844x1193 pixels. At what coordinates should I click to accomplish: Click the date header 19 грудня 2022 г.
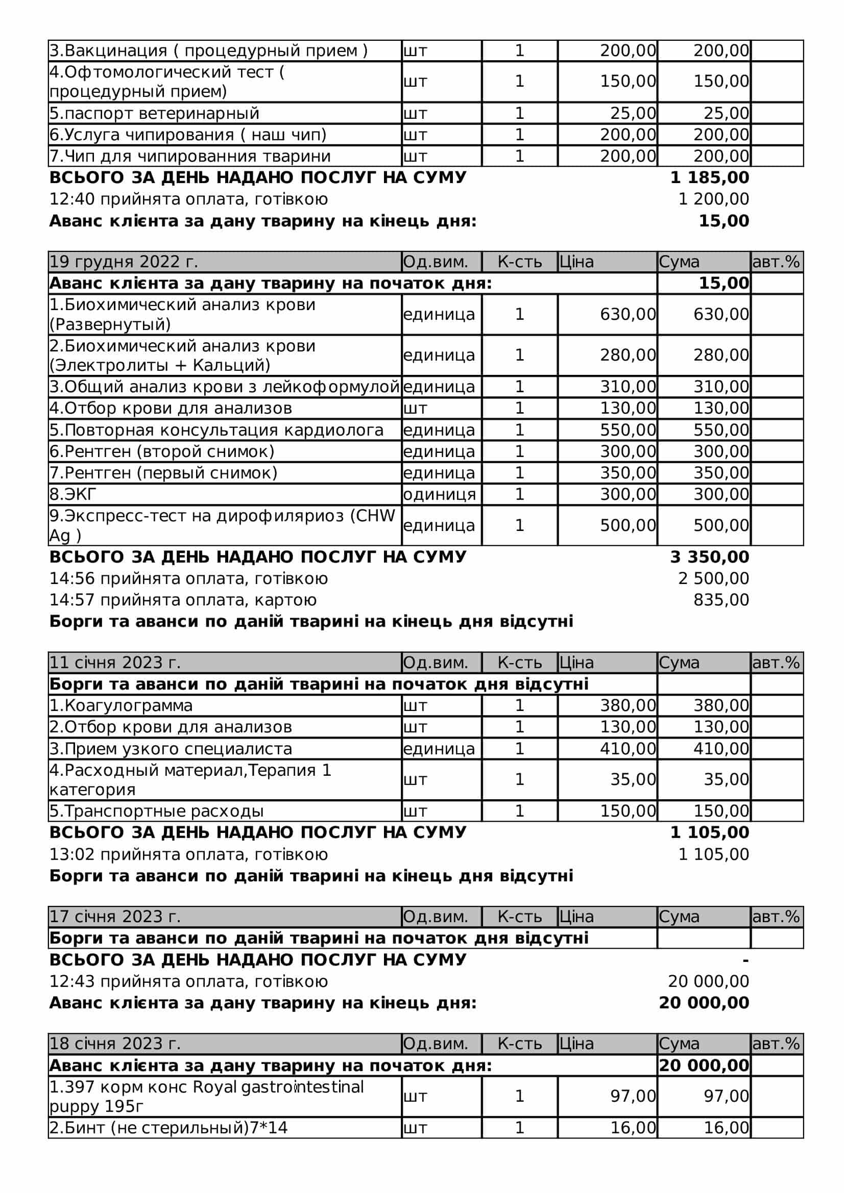click(124, 261)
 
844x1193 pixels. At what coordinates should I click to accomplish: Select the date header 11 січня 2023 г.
click(115, 663)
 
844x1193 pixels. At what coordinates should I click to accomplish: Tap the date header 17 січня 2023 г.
click(115, 917)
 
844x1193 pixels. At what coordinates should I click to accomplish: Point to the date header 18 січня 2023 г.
click(115, 1044)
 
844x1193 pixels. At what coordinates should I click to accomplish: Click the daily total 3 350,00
click(709, 557)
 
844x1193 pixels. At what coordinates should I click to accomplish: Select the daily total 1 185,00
click(709, 177)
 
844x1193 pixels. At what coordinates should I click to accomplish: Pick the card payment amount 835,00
click(721, 600)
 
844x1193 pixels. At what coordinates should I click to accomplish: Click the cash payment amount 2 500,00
click(713, 578)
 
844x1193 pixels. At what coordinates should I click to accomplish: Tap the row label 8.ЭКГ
click(73, 494)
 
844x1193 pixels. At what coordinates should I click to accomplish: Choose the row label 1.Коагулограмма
click(121, 705)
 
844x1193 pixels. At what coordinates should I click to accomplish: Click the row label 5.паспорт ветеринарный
click(154, 113)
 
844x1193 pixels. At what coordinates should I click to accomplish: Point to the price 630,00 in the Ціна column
click(628, 314)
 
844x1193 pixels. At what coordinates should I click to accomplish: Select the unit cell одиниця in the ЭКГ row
click(440, 494)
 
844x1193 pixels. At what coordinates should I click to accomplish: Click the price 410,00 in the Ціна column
click(628, 749)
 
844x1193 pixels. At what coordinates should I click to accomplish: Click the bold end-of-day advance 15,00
click(724, 221)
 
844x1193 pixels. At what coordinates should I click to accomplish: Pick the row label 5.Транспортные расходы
click(157, 811)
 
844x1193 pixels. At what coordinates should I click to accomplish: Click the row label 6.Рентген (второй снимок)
click(162, 451)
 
